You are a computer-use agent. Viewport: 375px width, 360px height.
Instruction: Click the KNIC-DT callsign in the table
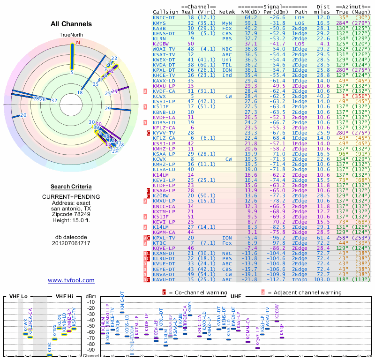click(x=164, y=17)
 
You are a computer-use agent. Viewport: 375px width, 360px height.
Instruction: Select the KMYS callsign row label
click(x=159, y=22)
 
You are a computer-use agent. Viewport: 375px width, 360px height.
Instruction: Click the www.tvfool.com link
click(x=71, y=280)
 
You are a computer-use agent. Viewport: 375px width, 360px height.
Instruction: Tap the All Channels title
click(x=71, y=24)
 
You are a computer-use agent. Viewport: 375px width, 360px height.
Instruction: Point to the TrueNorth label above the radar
click(x=71, y=35)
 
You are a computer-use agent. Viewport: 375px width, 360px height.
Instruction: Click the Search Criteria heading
click(x=71, y=187)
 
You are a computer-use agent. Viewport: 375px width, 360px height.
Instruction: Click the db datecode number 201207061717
click(x=71, y=243)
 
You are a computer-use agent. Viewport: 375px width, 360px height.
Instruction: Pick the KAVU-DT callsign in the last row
click(x=164, y=279)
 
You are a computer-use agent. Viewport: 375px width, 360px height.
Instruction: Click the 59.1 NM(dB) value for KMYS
click(x=250, y=22)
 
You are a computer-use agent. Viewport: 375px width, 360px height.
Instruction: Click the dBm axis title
click(x=91, y=296)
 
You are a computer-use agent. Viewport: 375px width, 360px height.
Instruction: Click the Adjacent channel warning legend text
click(x=304, y=292)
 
